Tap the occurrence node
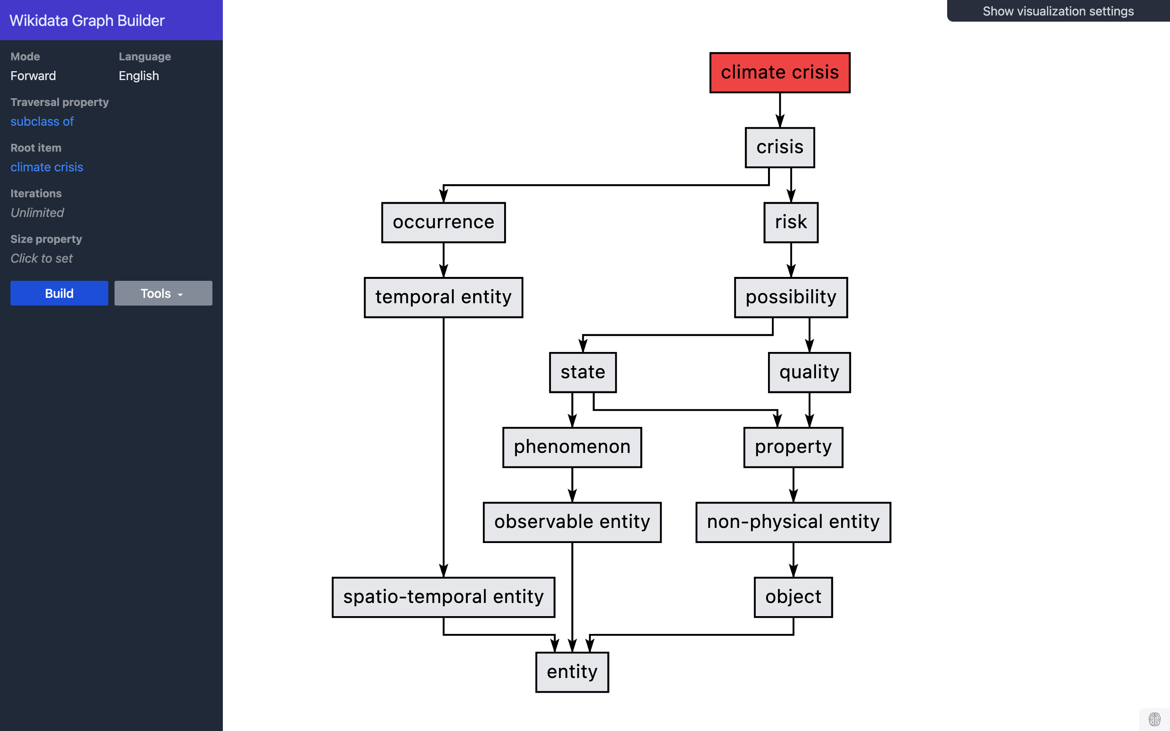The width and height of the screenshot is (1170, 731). [x=443, y=222]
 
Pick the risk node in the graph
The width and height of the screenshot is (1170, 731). [x=790, y=222]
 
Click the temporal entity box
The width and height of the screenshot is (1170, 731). [x=443, y=297]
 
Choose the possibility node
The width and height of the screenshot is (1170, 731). [x=790, y=297]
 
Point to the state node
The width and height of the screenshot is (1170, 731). [x=583, y=372]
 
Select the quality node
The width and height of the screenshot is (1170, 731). [x=809, y=372]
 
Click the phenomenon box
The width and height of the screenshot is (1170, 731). [x=572, y=447]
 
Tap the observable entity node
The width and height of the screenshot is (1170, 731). [x=572, y=522]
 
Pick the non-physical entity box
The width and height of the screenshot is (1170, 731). [x=793, y=522]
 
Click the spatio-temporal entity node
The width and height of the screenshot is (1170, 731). [x=443, y=597]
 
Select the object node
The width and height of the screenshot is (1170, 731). [x=793, y=597]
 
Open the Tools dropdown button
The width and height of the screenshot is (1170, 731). [x=163, y=294]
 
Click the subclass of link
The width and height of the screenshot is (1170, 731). [x=42, y=121]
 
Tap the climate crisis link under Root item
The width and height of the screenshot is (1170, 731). [x=47, y=167]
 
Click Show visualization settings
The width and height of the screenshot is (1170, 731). [x=1058, y=11]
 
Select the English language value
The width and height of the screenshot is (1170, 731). [x=139, y=76]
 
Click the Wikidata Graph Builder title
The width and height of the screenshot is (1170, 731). [x=87, y=20]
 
